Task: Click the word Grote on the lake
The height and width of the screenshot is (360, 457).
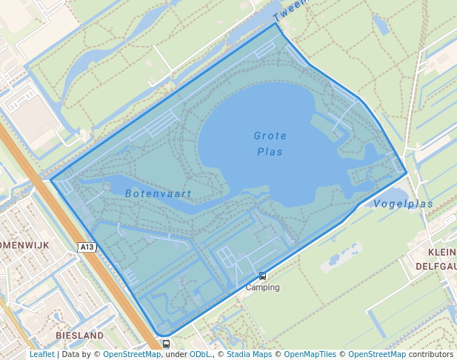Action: coord(270,136)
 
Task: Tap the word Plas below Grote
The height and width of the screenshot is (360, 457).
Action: coord(270,152)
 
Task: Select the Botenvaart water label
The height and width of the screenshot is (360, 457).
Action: coord(159,194)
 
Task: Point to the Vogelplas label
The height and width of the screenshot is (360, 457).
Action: coord(403,204)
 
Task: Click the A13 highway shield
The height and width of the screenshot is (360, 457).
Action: coord(87,247)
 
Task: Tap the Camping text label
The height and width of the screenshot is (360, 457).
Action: coord(263,287)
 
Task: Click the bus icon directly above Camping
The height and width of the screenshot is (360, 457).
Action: coord(262,276)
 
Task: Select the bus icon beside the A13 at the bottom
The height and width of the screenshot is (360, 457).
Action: coord(166,344)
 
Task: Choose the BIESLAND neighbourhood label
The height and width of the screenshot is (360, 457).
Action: coord(79,336)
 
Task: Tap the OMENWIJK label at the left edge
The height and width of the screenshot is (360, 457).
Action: coord(24,244)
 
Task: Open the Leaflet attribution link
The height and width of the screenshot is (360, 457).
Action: coord(42,355)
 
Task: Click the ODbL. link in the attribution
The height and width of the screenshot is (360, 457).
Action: coord(200,355)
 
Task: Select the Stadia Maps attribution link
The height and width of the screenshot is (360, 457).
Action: coord(248,355)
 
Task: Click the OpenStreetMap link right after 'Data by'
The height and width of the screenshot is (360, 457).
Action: coord(132,355)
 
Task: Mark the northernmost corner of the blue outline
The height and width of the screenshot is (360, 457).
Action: coord(276,23)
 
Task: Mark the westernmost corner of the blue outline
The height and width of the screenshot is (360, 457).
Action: coord(51,179)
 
